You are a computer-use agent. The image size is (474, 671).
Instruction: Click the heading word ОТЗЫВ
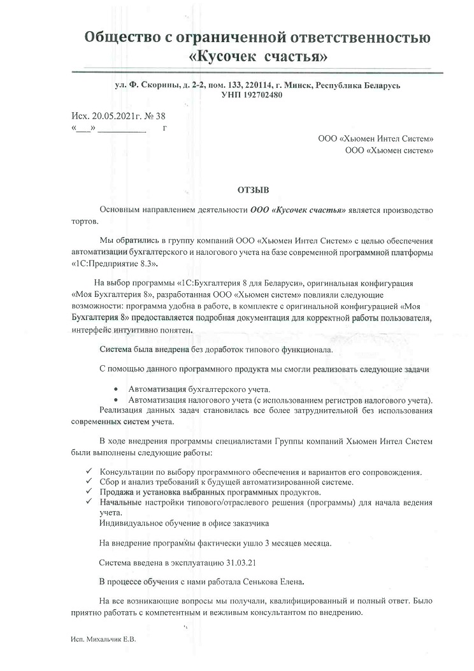point(253,190)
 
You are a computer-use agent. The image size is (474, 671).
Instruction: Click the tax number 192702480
point(262,95)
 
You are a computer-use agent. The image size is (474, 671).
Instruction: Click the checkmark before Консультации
point(89,472)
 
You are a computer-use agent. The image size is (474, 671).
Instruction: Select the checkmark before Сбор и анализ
point(89,482)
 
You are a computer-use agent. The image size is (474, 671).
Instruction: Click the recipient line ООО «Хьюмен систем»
point(389,150)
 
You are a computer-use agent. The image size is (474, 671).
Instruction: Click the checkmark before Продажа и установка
point(89,492)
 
